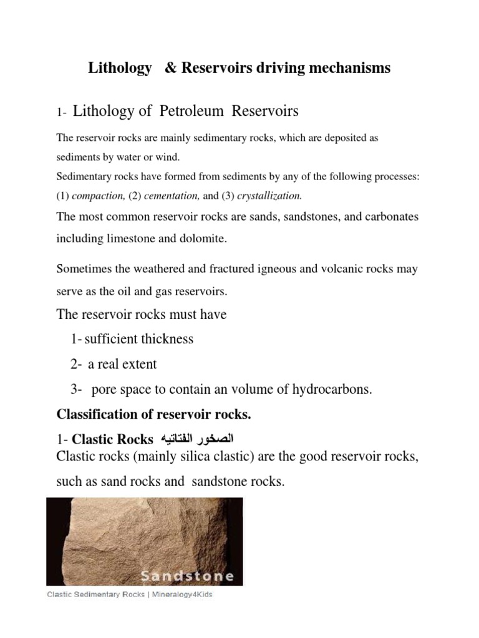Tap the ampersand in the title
click(x=170, y=68)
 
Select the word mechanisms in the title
click(x=346, y=68)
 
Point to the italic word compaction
click(x=99, y=195)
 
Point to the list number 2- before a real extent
click(x=77, y=364)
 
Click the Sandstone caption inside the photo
click(x=187, y=576)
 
